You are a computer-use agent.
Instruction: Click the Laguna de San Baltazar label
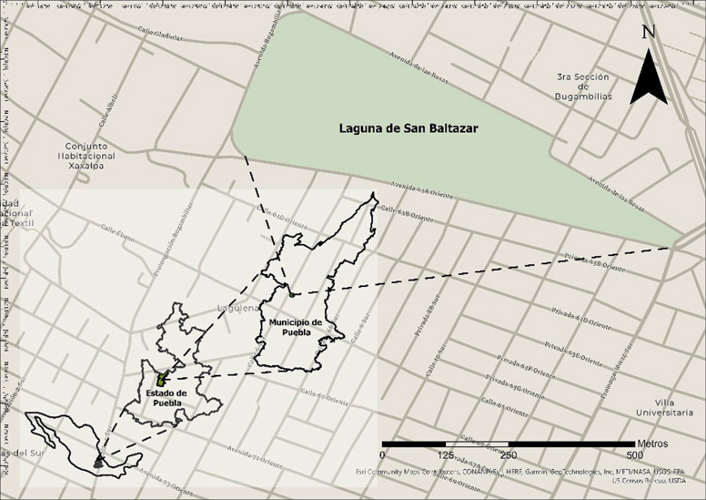[408, 128]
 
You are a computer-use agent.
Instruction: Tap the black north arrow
[648, 78]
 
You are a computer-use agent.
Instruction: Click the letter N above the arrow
[648, 31]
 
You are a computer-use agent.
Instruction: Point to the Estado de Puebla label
[166, 398]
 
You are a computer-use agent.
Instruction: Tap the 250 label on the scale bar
[509, 455]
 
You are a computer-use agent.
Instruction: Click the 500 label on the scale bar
[635, 455]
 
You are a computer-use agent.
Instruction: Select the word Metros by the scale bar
[652, 444]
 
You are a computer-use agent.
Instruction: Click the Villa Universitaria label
[664, 407]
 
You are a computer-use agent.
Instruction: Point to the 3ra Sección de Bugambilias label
[583, 87]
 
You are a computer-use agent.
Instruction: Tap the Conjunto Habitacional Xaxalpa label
[86, 156]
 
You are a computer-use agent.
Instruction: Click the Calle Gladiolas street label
[160, 33]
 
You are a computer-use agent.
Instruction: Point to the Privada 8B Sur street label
[425, 317]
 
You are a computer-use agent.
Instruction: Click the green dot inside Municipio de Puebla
[292, 295]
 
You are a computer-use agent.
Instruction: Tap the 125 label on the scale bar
[445, 455]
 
